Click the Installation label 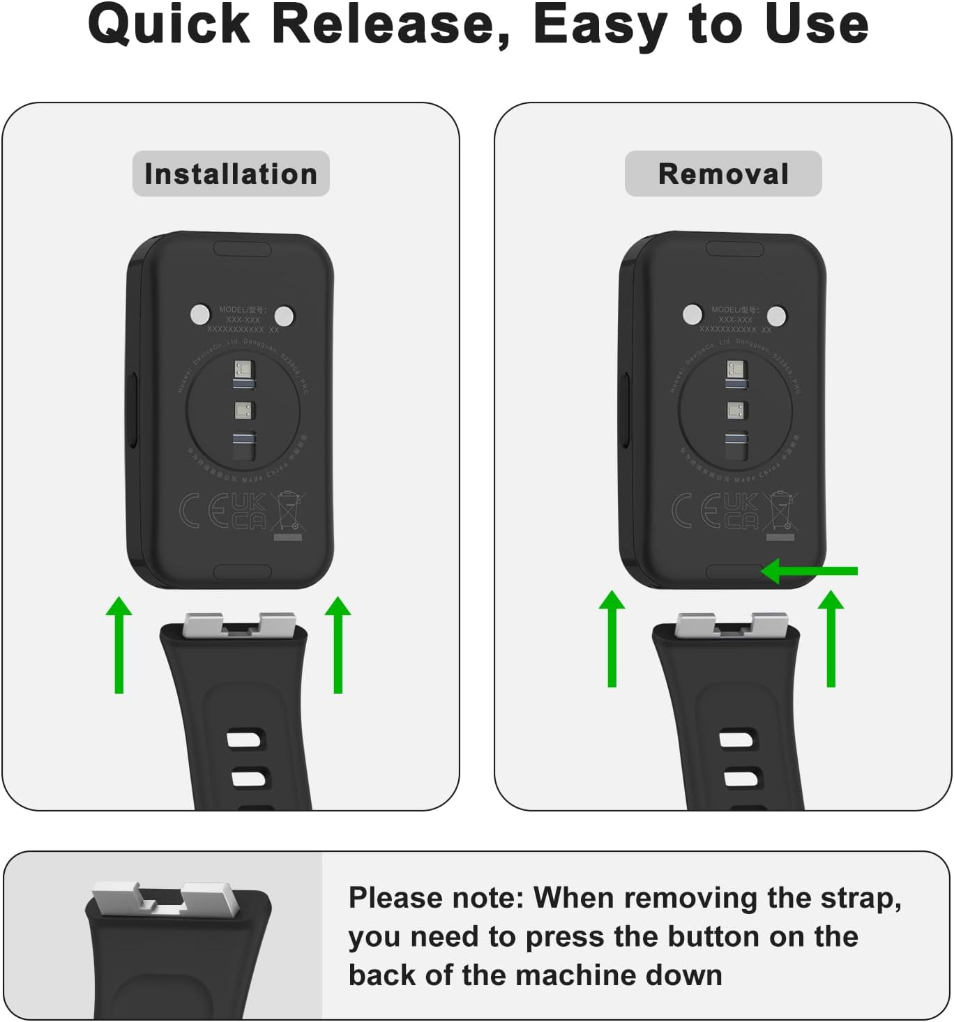(x=231, y=174)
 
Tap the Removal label (x=723, y=174)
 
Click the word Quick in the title (x=169, y=25)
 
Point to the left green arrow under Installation (x=119, y=645)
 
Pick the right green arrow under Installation (x=338, y=645)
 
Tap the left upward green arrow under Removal (x=612, y=639)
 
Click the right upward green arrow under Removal (x=831, y=639)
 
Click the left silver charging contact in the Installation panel (x=200, y=314)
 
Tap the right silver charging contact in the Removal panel (x=776, y=315)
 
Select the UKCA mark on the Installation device (x=249, y=510)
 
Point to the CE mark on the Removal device (x=695, y=510)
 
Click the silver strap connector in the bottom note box (x=165, y=899)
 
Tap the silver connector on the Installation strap (x=239, y=625)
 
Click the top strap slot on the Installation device (x=242, y=249)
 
